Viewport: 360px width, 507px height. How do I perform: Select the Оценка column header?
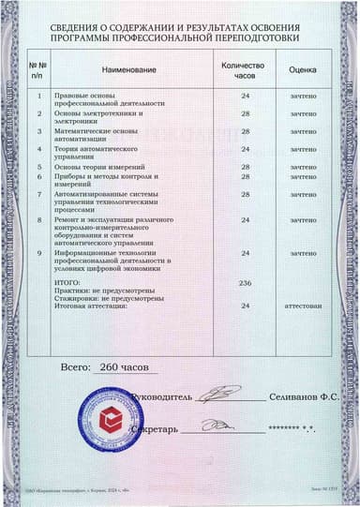(x=303, y=70)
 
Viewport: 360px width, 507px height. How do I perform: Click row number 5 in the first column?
(x=38, y=167)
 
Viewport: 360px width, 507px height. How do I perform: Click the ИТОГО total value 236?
(x=245, y=282)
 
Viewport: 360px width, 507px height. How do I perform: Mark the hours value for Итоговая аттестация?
(x=245, y=306)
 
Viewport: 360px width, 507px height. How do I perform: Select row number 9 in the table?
(x=38, y=253)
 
